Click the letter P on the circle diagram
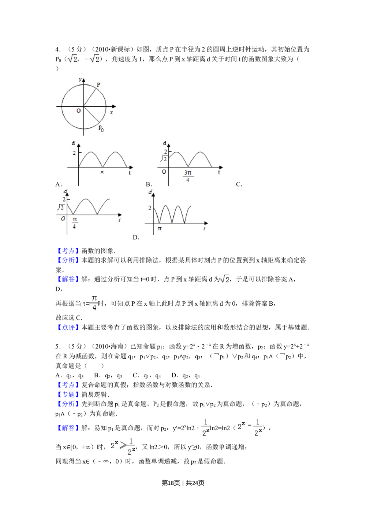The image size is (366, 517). [98, 85]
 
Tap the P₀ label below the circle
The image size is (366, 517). [101, 128]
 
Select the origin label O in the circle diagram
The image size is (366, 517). [78, 111]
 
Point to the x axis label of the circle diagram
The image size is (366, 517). [111, 113]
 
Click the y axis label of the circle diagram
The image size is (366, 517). [80, 79]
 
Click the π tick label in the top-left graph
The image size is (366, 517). [102, 172]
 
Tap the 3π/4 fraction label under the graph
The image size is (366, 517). [188, 176]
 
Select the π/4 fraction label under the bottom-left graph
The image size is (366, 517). [74, 222]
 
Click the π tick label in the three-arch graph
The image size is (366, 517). [160, 229]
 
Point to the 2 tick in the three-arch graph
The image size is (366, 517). [149, 208]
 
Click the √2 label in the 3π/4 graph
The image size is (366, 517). [164, 159]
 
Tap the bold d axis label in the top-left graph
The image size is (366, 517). [73, 143]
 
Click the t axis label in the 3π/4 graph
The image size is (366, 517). [219, 172]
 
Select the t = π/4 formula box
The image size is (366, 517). [89, 303]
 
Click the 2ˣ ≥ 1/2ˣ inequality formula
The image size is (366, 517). [123, 446]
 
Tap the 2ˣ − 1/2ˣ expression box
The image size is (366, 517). [249, 427]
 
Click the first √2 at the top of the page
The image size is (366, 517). [73, 59]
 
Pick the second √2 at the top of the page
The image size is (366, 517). [94, 59]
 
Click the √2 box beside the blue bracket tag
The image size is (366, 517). [225, 279]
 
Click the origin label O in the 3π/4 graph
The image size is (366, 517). [164, 171]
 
